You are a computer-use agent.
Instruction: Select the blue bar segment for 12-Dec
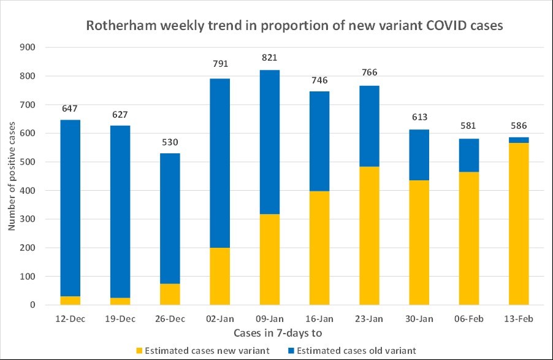(x=71, y=208)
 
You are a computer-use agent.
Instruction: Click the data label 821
(x=270, y=58)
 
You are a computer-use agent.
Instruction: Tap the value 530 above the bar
(x=170, y=142)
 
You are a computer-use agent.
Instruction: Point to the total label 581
(x=470, y=127)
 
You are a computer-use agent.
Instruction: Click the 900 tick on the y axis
(x=29, y=47)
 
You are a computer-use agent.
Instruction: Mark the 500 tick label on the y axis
(x=29, y=162)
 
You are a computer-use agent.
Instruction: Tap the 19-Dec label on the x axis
(x=120, y=319)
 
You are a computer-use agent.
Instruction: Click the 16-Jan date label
(x=320, y=319)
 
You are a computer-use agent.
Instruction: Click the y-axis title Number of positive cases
(x=11, y=177)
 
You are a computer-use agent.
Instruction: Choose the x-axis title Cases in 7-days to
(x=278, y=333)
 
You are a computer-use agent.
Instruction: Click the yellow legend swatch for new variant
(x=140, y=351)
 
